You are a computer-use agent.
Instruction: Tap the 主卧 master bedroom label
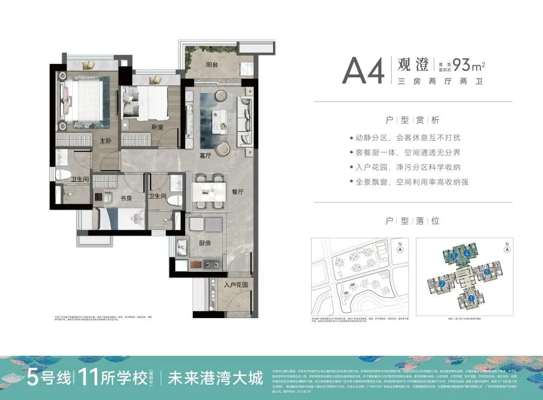click(105, 141)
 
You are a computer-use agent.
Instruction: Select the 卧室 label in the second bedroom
click(157, 127)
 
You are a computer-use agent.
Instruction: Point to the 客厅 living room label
click(205, 155)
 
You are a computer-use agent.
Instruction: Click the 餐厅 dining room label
click(238, 192)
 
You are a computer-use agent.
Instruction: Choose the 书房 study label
click(126, 198)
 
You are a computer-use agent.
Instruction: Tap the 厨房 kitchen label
click(204, 243)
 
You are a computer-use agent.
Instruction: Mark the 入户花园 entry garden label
click(236, 285)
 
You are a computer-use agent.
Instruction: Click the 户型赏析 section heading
click(412, 120)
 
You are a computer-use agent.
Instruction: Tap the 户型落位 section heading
click(412, 221)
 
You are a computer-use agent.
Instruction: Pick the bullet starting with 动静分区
click(408, 138)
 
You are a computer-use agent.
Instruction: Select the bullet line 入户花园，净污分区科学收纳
click(408, 167)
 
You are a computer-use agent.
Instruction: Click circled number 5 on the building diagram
click(487, 272)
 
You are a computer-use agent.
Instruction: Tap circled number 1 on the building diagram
click(471, 298)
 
